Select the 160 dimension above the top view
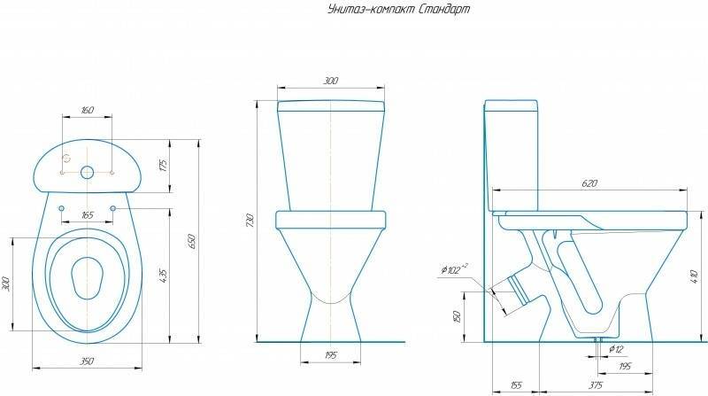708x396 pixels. pyautogui.click(x=87, y=111)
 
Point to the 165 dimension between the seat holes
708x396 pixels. pyautogui.click(x=87, y=215)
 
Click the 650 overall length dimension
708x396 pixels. pyautogui.click(x=189, y=240)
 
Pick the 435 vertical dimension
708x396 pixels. pyautogui.click(x=164, y=276)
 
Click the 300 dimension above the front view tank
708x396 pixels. pyautogui.click(x=329, y=82)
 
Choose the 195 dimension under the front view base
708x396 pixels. pyautogui.click(x=329, y=355)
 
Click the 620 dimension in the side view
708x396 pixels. pyautogui.click(x=589, y=183)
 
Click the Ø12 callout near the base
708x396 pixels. pyautogui.click(x=617, y=349)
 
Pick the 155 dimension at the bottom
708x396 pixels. pyautogui.click(x=515, y=384)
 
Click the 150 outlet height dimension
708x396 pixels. pyautogui.click(x=457, y=316)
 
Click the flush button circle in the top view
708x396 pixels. pyautogui.click(x=87, y=172)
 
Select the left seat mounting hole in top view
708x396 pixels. pyautogui.click(x=61, y=208)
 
